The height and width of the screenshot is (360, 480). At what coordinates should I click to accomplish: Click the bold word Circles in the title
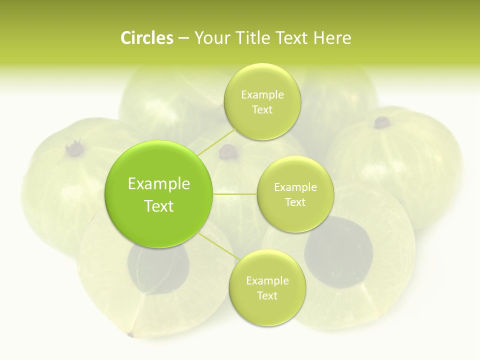coord(147,38)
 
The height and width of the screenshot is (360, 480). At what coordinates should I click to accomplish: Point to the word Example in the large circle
coord(159,184)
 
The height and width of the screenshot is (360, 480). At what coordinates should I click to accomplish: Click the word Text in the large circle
coord(159,206)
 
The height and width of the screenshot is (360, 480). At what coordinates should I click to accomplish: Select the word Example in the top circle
coord(262,95)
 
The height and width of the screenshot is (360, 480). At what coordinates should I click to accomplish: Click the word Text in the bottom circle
coord(267,295)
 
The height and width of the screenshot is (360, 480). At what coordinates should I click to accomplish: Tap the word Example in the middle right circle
coord(295,187)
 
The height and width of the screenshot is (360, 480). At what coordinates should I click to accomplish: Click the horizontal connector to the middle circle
coord(235,193)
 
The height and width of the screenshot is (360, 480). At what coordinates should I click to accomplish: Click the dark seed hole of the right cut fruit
coord(339,252)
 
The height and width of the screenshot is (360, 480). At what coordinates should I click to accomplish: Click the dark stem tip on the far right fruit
coord(382,121)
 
